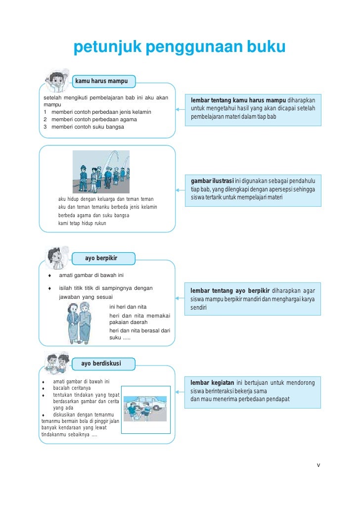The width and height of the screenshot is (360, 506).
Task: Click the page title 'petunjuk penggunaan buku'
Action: coord(180,47)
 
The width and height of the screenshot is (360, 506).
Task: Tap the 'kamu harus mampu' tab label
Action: coord(101,81)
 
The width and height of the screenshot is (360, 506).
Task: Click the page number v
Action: coord(318,464)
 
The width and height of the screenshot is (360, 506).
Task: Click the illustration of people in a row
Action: coord(101,172)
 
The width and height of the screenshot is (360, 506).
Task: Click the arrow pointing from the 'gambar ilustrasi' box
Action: coord(179,190)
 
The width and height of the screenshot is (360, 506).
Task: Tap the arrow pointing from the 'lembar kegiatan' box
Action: coord(179,391)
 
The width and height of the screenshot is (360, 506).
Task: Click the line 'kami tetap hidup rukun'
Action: coord(82,224)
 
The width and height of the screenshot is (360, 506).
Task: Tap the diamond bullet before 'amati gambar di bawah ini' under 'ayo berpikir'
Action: coord(50,275)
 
